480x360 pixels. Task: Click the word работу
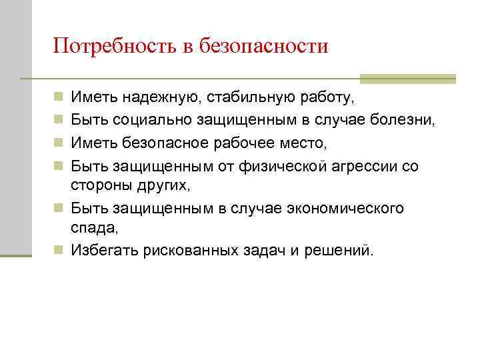[328, 99]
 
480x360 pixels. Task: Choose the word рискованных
[182, 251]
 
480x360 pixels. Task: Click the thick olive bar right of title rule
[407, 79]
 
